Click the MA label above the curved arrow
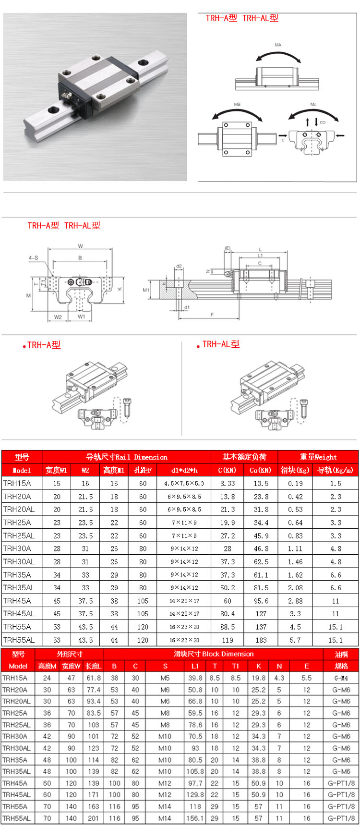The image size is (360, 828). point(278,45)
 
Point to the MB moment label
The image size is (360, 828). point(237,104)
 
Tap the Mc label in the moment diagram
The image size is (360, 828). point(313,104)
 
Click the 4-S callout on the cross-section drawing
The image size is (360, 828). point(33,258)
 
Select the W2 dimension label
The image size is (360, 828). point(58,317)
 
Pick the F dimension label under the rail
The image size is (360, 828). point(212,315)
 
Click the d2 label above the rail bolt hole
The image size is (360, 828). point(179,266)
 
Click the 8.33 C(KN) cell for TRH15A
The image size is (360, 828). point(228,484)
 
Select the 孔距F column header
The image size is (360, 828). point(143,470)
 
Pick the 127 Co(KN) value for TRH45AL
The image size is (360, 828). point(261,614)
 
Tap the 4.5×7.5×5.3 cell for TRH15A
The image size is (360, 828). point(184,484)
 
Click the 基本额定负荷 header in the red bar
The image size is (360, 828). point(244,457)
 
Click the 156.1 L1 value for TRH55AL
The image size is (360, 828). point(195,818)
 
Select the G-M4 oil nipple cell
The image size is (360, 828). point(341,678)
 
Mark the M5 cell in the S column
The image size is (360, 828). point(165,678)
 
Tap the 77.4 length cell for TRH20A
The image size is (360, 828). point(94,690)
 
